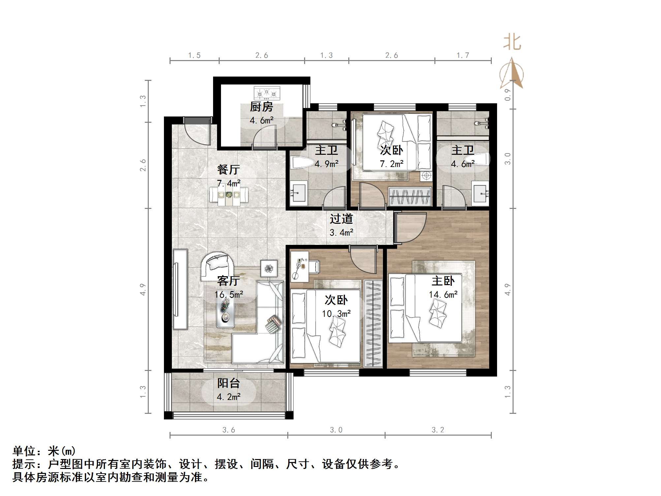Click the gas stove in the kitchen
coord(267,93)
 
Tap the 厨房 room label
coord(261,107)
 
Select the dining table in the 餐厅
coord(229,195)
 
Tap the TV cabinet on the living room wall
coord(180,289)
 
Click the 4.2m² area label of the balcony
coord(228,397)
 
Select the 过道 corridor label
coord(341,219)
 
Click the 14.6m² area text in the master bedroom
coord(443,294)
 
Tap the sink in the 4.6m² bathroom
coord(481,193)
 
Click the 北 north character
coord(512,43)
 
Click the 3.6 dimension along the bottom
coord(229,430)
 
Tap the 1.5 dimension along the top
coord(194,55)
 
